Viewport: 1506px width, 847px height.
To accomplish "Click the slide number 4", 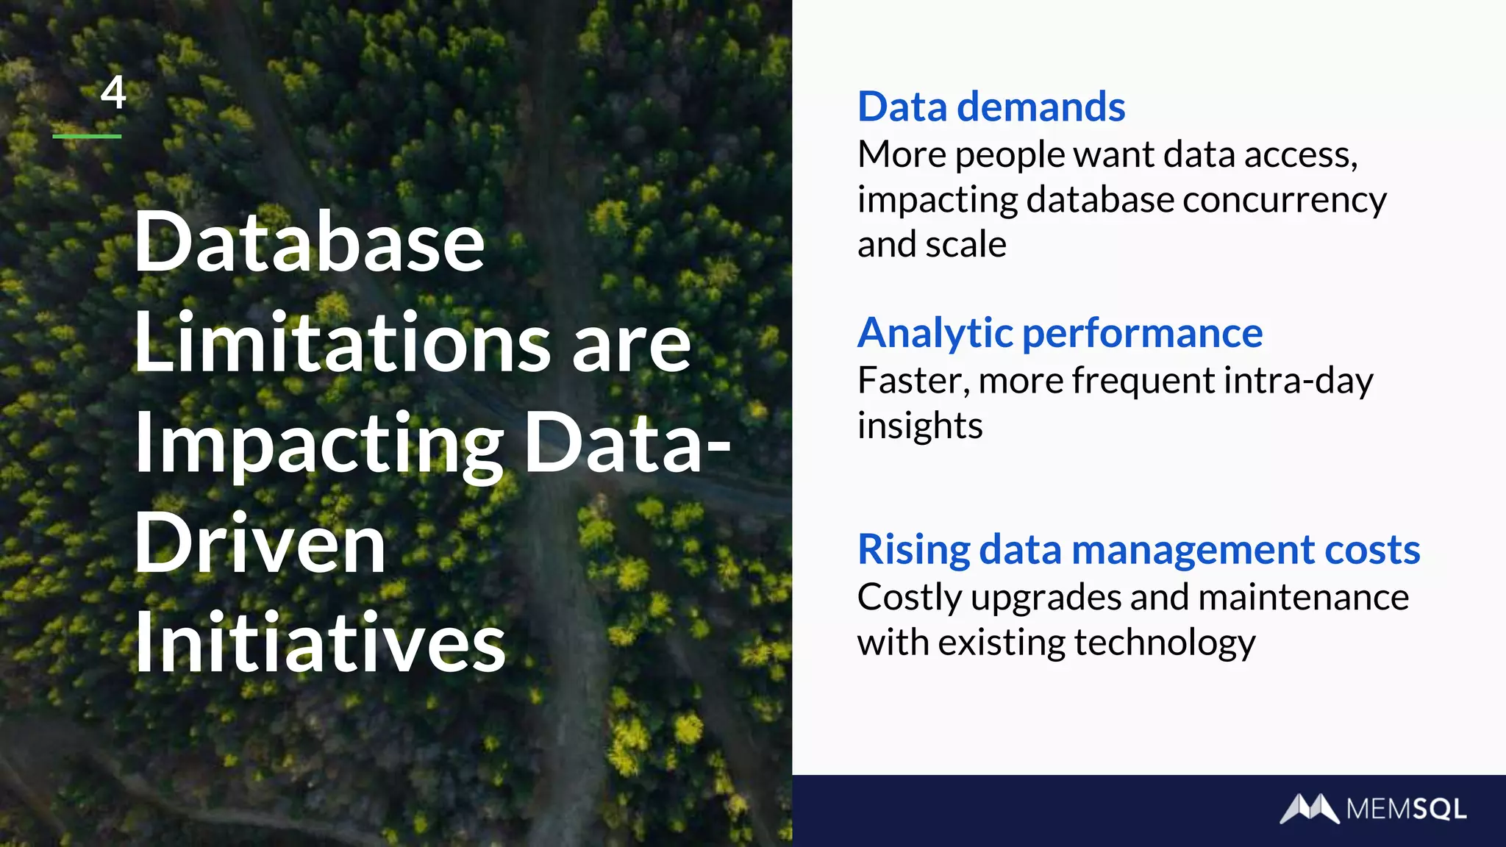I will click(x=113, y=93).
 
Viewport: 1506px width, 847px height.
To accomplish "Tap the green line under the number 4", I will click(x=87, y=136).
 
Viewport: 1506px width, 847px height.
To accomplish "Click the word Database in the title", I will click(x=309, y=242).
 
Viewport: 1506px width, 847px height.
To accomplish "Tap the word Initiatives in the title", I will click(x=320, y=643).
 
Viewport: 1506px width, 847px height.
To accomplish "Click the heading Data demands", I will click(x=991, y=107).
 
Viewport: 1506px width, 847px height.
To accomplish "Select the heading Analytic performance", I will click(x=1060, y=333).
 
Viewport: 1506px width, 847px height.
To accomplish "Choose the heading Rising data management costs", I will click(x=1138, y=550).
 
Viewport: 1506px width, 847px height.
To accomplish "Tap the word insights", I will click(x=919, y=426).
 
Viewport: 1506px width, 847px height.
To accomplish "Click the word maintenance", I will click(x=1303, y=597).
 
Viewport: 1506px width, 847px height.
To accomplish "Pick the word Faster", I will click(x=912, y=382).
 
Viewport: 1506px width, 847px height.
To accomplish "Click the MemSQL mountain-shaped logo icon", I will click(x=1309, y=809).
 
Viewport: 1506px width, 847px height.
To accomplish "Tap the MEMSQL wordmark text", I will click(x=1406, y=810).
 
